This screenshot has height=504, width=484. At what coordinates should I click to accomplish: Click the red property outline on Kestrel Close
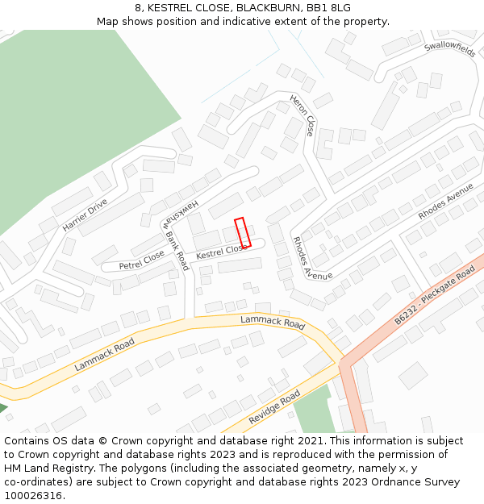click(243, 232)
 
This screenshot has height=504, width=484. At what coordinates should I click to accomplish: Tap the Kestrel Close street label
click(222, 252)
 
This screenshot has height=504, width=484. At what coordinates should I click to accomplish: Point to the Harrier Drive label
click(85, 215)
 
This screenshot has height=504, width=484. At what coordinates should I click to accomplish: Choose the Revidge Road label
click(274, 407)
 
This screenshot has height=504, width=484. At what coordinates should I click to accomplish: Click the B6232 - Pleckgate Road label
click(436, 296)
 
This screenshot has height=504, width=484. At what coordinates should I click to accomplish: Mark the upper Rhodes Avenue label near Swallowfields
click(445, 202)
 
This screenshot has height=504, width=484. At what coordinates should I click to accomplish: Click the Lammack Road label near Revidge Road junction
click(273, 323)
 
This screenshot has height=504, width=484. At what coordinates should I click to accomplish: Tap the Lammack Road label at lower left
click(104, 354)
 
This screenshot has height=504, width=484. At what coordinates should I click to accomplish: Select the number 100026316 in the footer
click(34, 496)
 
